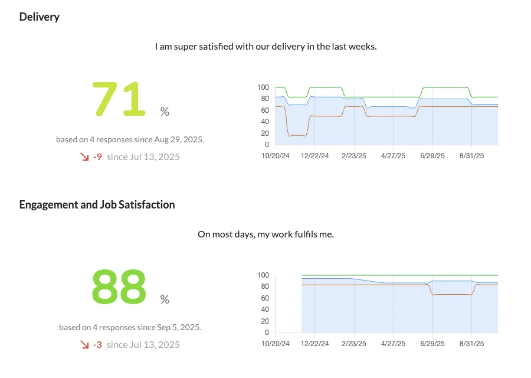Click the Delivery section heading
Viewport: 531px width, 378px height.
[x=39, y=17]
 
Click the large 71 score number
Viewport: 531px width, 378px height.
[x=119, y=99]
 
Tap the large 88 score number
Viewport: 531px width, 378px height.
[x=119, y=286]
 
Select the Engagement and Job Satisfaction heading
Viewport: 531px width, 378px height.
[x=97, y=204]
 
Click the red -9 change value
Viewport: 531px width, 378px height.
[x=97, y=157]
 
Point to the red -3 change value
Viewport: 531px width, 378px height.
[x=97, y=344]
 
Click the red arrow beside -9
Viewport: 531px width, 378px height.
[x=84, y=157]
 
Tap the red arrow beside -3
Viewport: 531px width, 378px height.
[x=84, y=344]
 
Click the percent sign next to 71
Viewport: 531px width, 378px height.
[x=165, y=112]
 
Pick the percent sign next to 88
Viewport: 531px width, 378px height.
[x=165, y=299]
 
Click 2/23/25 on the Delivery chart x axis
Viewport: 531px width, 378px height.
[x=354, y=156]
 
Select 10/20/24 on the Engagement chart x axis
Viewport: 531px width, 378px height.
[x=276, y=344]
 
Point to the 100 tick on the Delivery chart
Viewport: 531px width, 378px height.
[x=263, y=87]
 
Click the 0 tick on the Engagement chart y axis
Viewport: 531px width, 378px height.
[x=267, y=333]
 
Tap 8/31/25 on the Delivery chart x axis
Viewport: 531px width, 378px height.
[x=471, y=156]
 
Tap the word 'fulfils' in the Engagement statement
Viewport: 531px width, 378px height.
[x=303, y=234]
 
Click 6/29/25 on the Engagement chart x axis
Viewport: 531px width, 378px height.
[x=432, y=344]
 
